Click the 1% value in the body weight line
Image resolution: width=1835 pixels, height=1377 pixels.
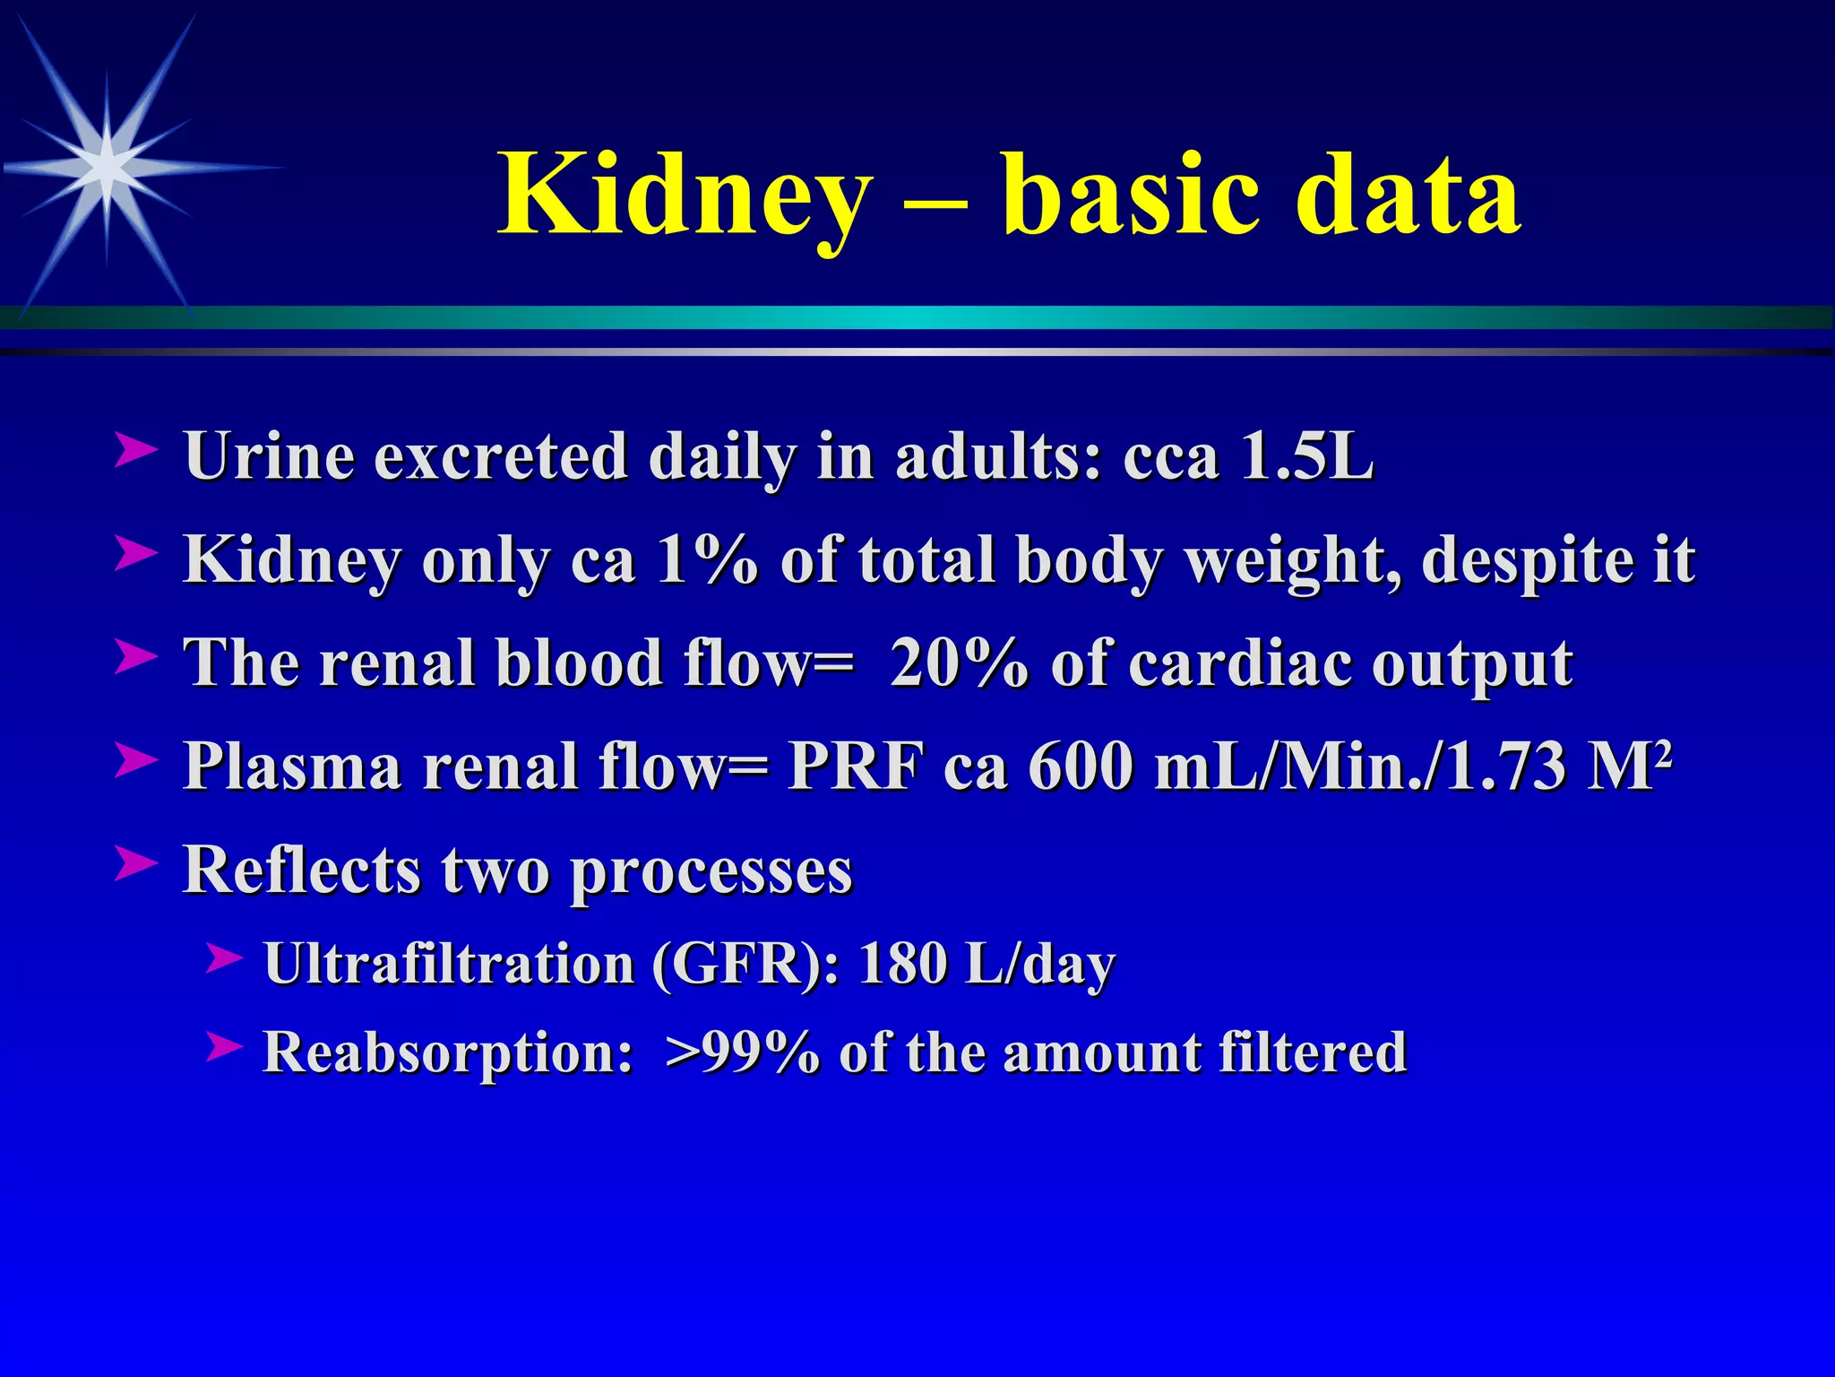pos(708,559)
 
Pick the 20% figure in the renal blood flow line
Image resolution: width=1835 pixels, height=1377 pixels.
pos(959,663)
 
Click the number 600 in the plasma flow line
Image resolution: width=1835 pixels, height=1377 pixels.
pos(1081,766)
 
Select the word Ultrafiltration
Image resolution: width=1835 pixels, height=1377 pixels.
pos(449,965)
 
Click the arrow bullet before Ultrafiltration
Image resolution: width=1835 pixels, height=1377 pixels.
pos(223,958)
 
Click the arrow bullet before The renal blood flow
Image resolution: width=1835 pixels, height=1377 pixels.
pos(136,657)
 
